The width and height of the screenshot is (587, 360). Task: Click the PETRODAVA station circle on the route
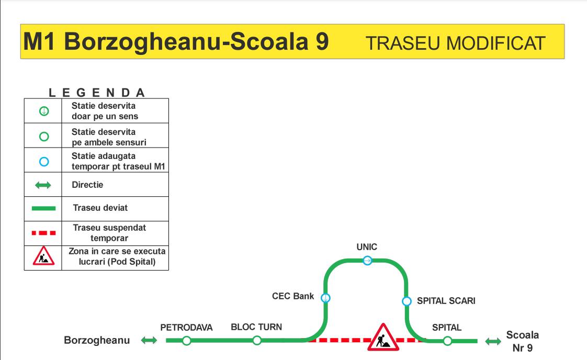pos(186,341)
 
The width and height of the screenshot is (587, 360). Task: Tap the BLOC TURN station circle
pos(257,341)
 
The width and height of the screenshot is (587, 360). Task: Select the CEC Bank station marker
pos(326,298)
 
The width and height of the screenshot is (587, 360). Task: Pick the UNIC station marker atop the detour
pos(367,261)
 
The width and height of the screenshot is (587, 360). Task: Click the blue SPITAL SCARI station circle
pos(407,301)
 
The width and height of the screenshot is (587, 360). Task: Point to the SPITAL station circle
pos(447,341)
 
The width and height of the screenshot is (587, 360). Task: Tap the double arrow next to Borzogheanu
pos(149,340)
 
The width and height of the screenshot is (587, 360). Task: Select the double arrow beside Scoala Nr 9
pos(493,341)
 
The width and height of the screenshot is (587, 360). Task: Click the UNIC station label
pos(367,247)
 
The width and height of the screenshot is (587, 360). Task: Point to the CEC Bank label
pos(293,296)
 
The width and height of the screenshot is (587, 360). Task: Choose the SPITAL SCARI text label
pos(446,301)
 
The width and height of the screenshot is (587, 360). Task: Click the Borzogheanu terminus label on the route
pos(97,340)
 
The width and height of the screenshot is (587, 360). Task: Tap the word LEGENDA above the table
pos(97,93)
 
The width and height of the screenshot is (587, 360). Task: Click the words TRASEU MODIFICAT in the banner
pos(455,43)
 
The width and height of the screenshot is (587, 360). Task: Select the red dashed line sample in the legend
pos(44,233)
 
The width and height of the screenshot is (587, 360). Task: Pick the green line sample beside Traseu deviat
pos(44,208)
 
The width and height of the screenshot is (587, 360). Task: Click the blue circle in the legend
pos(44,162)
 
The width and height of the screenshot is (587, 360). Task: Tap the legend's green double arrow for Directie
pos(43,185)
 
